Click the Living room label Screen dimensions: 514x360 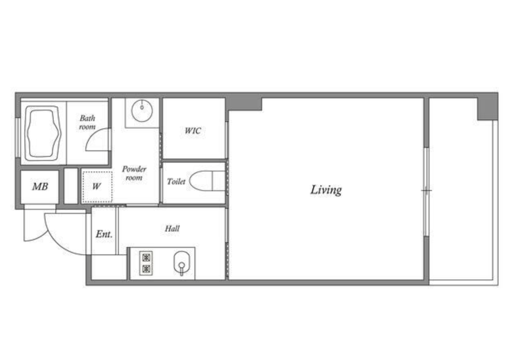point(326,190)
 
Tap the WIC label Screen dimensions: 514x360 point(193,131)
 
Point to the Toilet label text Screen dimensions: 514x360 point(176,182)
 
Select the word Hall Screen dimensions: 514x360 point(172,228)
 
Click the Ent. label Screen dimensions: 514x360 point(104,234)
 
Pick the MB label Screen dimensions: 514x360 point(40,187)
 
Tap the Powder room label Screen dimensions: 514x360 point(134,173)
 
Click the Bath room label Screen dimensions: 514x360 point(87,123)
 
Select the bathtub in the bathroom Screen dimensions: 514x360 point(43,133)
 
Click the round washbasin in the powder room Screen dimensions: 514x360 point(142,111)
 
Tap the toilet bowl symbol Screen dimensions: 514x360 point(207,181)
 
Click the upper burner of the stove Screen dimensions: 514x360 point(146,258)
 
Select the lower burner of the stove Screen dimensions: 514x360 point(146,269)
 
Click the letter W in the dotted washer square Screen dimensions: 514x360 point(96,186)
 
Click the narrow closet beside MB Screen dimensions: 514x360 point(71,186)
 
